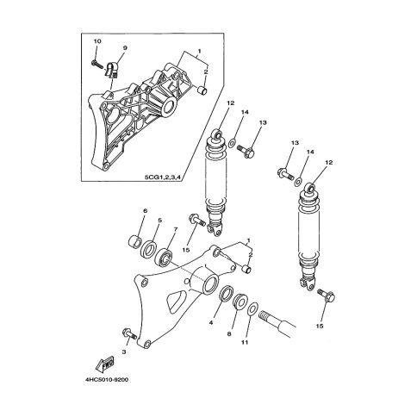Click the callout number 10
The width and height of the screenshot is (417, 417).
click(97, 41)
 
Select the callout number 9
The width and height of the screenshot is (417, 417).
click(125, 48)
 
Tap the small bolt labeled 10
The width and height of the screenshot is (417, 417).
click(97, 64)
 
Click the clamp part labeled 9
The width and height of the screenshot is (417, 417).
click(113, 70)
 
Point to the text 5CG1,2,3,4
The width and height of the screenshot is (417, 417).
click(164, 177)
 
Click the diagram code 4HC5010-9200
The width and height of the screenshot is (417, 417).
click(107, 380)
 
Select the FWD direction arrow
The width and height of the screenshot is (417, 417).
click(105, 364)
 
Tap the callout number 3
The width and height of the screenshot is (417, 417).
click(124, 352)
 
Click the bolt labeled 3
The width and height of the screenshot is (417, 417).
click(129, 334)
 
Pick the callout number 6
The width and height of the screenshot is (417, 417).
click(146, 211)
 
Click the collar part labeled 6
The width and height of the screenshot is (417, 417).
click(134, 240)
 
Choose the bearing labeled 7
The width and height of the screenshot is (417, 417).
click(164, 258)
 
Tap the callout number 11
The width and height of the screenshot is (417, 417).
click(245, 342)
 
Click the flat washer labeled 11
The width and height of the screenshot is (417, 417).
click(252, 310)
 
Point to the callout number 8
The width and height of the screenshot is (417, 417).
click(229, 334)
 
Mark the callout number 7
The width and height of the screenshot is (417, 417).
click(176, 229)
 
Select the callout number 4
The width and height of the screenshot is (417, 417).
click(211, 323)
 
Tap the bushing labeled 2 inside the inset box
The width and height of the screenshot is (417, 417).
click(203, 90)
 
